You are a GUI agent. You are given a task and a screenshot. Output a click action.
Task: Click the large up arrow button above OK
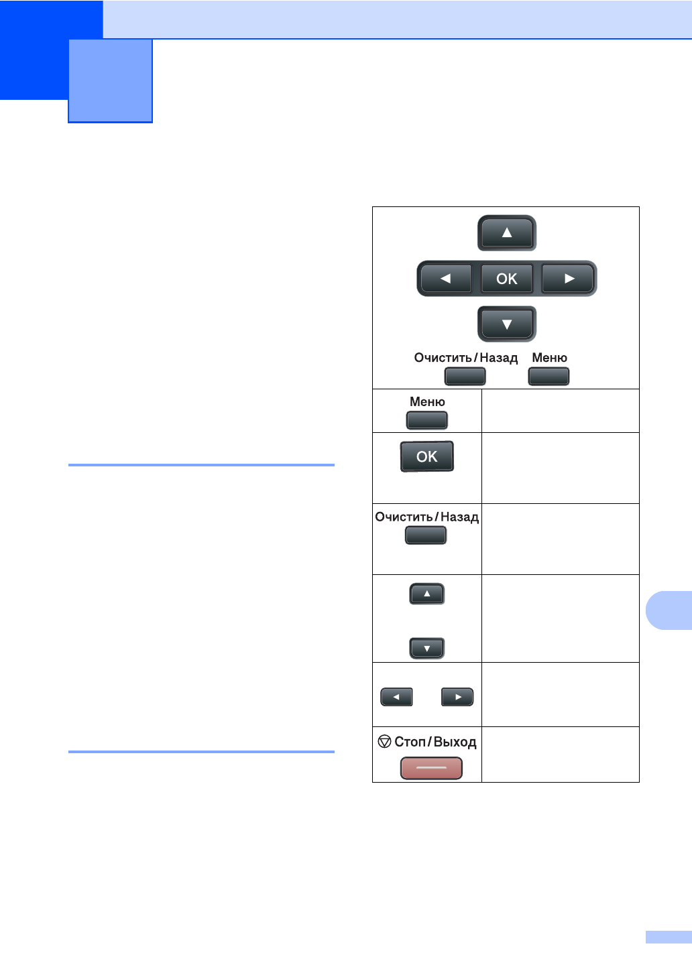pos(507,233)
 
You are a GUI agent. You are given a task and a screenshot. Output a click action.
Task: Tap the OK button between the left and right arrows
pos(507,279)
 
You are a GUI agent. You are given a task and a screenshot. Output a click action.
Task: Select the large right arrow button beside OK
pos(569,279)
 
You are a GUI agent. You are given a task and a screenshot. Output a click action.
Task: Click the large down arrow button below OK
pos(507,324)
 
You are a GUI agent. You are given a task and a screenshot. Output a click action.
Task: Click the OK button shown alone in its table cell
pos(427,456)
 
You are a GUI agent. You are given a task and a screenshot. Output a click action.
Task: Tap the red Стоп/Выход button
pos(431,768)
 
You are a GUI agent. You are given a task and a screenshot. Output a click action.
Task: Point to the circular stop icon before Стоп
pos(384,741)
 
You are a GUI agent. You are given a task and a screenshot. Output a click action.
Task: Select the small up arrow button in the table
pos(427,594)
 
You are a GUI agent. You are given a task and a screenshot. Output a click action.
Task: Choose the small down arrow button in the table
pos(427,648)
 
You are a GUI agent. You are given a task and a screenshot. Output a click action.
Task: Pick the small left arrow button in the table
pos(396,697)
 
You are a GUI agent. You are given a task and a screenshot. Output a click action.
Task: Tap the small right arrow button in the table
pos(457,697)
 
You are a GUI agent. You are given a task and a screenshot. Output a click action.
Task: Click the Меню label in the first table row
pos(427,401)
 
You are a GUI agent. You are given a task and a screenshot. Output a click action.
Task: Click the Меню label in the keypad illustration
pos(549,358)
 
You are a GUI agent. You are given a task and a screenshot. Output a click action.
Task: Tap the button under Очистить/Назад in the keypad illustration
pos(465,376)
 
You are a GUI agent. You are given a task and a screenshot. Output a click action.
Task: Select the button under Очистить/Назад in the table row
pos(426,535)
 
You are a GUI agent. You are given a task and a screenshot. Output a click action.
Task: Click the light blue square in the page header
pos(111,80)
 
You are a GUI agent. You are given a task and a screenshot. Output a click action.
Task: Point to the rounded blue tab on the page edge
pos(668,610)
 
